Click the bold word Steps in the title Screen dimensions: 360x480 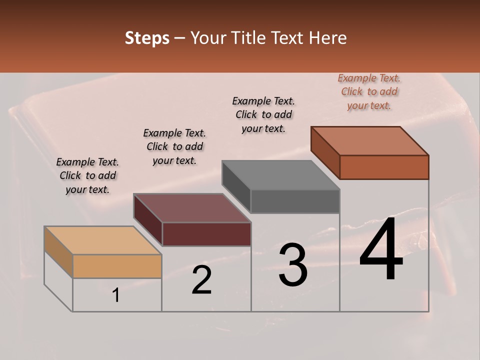coord(147,38)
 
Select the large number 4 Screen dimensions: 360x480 coord(381,250)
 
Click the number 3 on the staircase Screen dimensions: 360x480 coord(293,265)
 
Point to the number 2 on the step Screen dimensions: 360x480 coord(202,280)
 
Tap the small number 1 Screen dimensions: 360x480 coord(116,295)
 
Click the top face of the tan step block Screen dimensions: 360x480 coord(102,240)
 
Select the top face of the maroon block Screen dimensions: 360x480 coord(192,208)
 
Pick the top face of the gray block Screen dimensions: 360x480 coord(280,175)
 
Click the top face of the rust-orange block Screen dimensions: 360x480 coord(369,141)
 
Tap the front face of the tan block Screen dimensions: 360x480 coord(117,266)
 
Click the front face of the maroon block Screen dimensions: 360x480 coord(206,234)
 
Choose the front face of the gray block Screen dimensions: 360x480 coord(295,201)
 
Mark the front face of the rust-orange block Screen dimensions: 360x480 coord(384,167)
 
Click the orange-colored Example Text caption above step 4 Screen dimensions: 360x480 coord(369,91)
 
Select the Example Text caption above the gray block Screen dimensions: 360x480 coord(263,114)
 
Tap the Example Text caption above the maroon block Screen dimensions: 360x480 coord(174,146)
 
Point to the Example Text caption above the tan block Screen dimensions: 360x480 coord(87,175)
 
